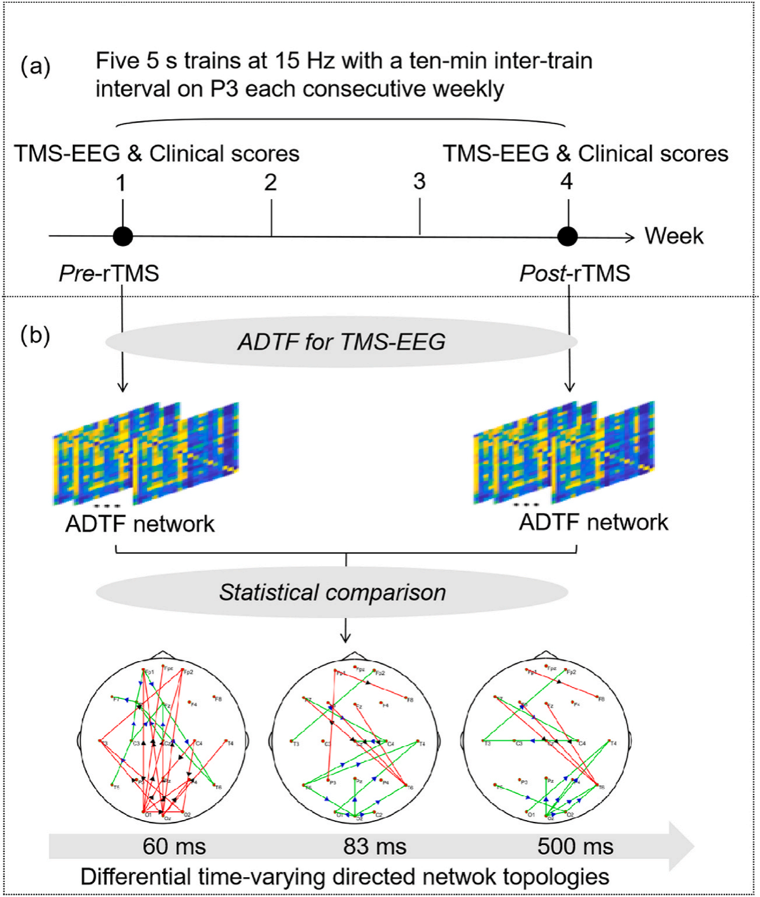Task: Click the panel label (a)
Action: coord(36,66)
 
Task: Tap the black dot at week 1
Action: coord(122,236)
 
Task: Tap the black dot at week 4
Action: coord(568,236)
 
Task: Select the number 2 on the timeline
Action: coord(270,182)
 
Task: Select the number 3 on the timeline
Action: coord(419,182)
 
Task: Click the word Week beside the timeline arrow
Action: coord(674,236)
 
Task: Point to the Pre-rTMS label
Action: coord(109,273)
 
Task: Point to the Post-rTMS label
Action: coord(575,273)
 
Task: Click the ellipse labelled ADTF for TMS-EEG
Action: coord(342,342)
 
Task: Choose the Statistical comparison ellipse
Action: coord(332,592)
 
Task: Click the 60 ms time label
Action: coord(174,846)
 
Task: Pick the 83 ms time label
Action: coord(375,846)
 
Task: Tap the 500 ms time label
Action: coord(575,846)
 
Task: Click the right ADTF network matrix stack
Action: coord(564,452)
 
